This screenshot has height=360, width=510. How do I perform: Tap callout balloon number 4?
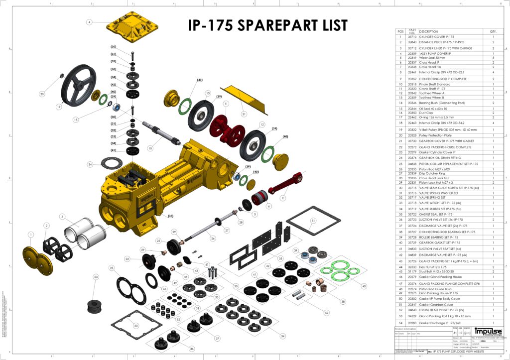[x=89, y=22]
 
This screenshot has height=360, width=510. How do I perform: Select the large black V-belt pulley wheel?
[x=76, y=87]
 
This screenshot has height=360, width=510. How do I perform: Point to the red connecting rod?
[x=286, y=184]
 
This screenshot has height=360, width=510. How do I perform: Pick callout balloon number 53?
[x=97, y=276]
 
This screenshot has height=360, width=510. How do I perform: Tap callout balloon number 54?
[x=90, y=164]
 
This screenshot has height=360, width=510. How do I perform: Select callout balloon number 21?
[x=244, y=114]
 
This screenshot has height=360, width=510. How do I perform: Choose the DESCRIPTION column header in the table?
[x=428, y=31]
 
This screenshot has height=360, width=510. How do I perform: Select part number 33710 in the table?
[x=412, y=37]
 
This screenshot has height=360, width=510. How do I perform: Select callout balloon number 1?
[x=31, y=234]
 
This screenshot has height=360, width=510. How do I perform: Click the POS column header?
[x=400, y=31]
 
